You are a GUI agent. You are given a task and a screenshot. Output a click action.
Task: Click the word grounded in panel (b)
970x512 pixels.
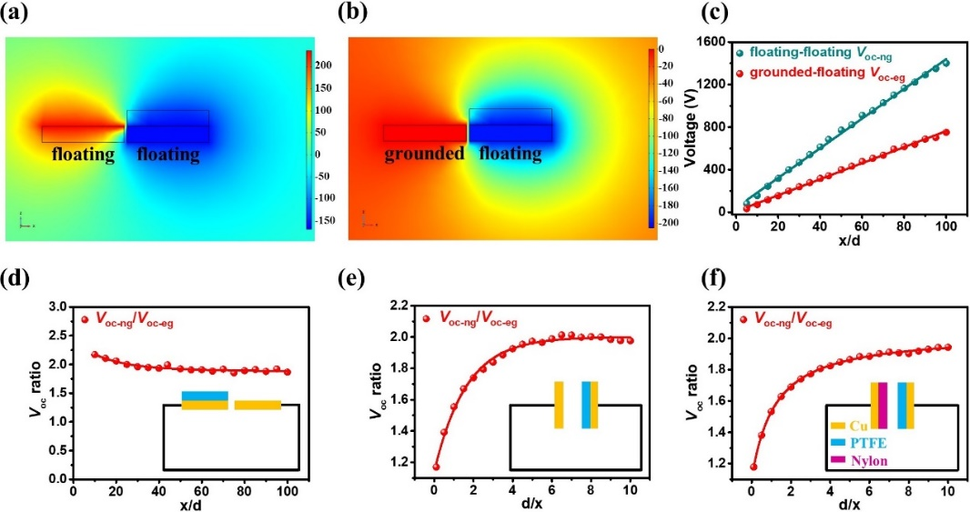point(424,155)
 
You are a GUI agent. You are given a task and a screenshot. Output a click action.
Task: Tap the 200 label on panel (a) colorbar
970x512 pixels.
point(324,65)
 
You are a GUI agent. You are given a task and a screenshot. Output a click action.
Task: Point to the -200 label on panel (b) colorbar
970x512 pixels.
point(669,222)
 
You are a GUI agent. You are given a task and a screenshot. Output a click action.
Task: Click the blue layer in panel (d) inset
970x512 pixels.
point(205,396)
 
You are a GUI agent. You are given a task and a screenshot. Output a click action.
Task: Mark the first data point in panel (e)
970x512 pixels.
point(436,467)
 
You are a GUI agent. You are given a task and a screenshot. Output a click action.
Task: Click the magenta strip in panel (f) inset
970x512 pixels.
point(882,405)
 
